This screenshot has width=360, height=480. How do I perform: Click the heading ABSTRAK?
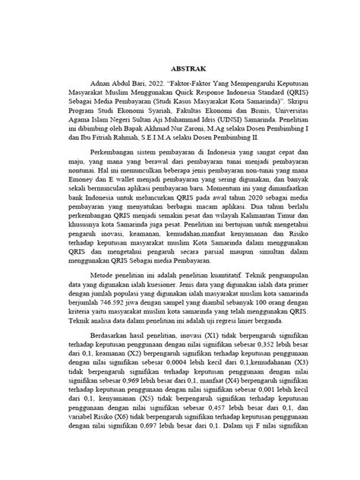click(180, 66)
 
